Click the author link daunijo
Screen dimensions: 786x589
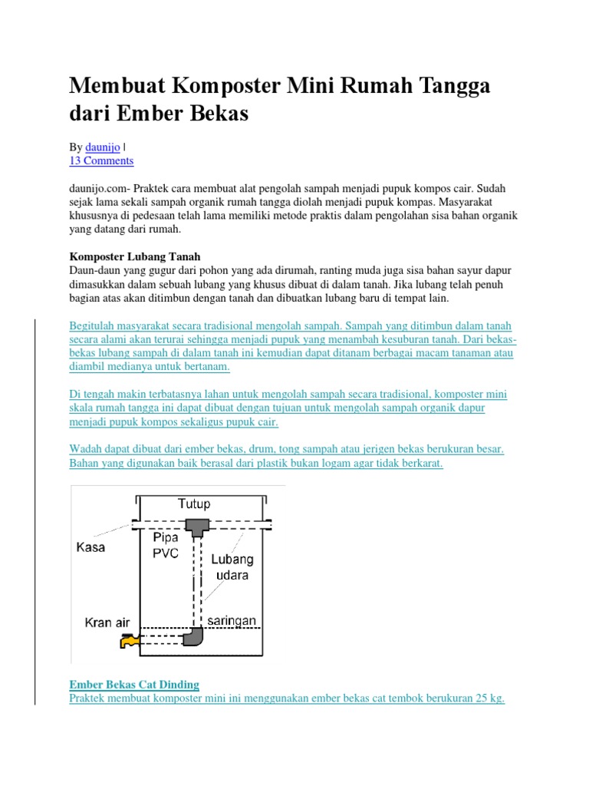click(103, 146)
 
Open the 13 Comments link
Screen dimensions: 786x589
click(101, 160)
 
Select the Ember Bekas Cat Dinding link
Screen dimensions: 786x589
click(134, 684)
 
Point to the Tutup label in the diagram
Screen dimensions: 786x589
click(194, 504)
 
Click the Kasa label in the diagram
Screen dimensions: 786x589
click(90, 548)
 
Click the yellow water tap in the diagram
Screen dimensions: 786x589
click(128, 639)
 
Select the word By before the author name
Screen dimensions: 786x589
click(76, 146)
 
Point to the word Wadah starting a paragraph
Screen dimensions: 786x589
click(86, 450)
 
